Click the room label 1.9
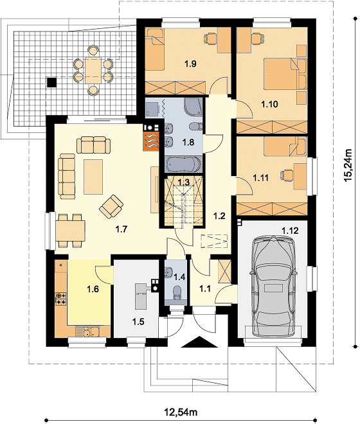tap(190, 64)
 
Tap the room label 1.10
tap(269, 104)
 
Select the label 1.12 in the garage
tap(290, 231)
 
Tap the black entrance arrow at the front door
tap(200, 342)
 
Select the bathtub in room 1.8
tap(183, 164)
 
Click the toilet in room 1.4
tap(177, 292)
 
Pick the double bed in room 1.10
tap(285, 74)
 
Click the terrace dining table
tap(93, 70)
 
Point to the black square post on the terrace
tap(51, 82)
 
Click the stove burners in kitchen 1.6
tap(60, 299)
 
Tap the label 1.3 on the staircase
tap(183, 182)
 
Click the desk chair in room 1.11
tap(287, 176)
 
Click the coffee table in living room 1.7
tap(93, 177)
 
